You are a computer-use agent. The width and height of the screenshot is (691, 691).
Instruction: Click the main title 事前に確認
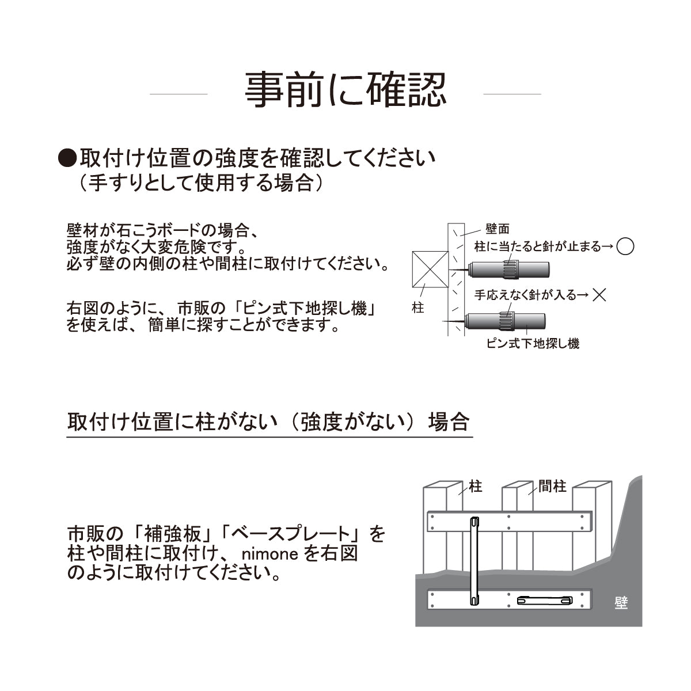pyautogui.click(x=345, y=90)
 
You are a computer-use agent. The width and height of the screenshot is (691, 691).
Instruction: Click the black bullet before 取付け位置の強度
pyautogui.click(x=68, y=158)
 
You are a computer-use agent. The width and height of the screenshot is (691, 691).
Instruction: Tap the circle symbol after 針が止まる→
pyautogui.click(x=625, y=246)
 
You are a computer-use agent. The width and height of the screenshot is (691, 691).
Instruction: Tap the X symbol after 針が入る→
pyautogui.click(x=599, y=295)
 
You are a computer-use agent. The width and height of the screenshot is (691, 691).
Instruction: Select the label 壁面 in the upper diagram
pyautogui.click(x=497, y=229)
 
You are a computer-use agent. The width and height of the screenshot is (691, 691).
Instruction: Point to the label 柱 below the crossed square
pyautogui.click(x=418, y=308)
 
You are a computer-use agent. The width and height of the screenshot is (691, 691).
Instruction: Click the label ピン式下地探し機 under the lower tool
pyautogui.click(x=533, y=344)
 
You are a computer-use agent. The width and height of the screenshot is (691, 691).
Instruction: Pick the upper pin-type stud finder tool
pyautogui.click(x=507, y=269)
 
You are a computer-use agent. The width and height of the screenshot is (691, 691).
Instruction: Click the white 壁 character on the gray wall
pyautogui.click(x=621, y=603)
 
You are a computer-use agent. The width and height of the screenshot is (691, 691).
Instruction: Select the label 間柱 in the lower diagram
pyautogui.click(x=552, y=487)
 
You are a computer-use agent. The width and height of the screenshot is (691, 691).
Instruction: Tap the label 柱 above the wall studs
pyautogui.click(x=476, y=487)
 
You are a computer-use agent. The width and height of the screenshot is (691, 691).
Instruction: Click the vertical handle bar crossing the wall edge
pyautogui.click(x=474, y=561)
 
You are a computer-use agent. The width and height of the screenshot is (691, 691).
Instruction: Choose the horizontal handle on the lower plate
pyautogui.click(x=545, y=601)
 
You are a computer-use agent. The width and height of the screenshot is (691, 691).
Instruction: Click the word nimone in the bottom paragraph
pyautogui.click(x=269, y=554)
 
